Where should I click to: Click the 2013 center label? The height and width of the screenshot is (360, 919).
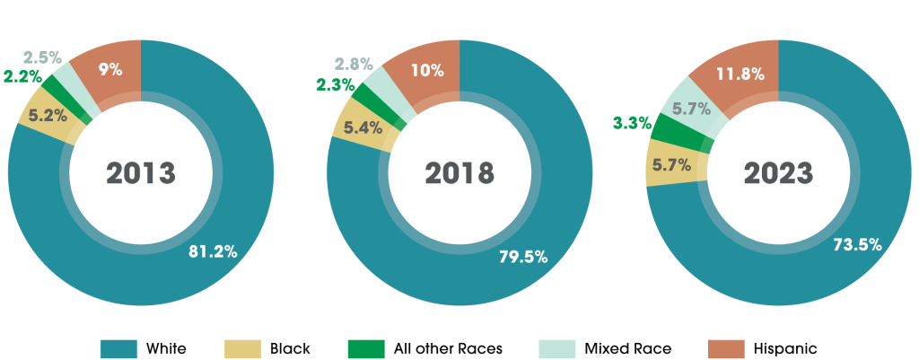click(x=140, y=173)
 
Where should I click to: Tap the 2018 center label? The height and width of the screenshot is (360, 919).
click(x=459, y=173)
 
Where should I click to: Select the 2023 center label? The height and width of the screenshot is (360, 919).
click(x=778, y=173)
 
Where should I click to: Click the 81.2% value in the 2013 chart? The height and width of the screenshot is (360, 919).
click(x=213, y=252)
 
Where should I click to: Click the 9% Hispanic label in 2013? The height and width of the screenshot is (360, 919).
click(x=110, y=67)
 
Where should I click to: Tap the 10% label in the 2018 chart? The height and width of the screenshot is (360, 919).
click(x=425, y=70)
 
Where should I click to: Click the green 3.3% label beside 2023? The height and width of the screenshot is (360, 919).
click(x=633, y=122)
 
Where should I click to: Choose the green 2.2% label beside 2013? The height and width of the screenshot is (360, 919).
click(x=21, y=77)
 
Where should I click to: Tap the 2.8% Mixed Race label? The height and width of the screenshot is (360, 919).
click(x=354, y=64)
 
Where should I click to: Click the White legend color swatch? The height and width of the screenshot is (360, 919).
click(x=118, y=347)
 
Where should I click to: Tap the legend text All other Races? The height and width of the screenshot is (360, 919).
click(x=449, y=347)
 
